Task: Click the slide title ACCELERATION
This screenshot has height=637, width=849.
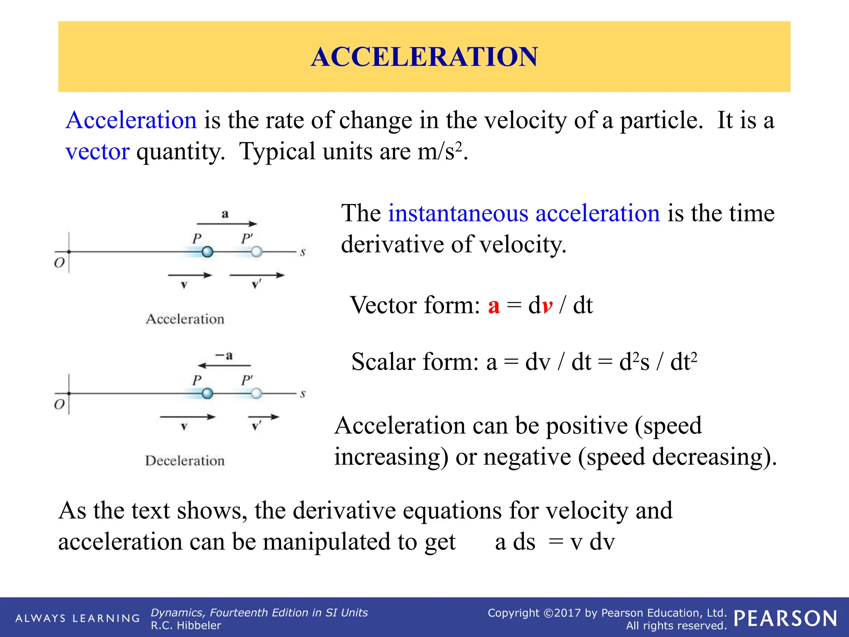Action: [x=424, y=57]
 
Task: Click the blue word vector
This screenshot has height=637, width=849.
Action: [x=97, y=151]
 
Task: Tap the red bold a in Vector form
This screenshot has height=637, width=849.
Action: [x=493, y=306]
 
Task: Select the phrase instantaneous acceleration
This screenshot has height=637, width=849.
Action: [x=524, y=214]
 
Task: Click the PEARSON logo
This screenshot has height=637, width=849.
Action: [x=785, y=618]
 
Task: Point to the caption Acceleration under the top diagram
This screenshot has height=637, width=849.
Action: [x=185, y=319]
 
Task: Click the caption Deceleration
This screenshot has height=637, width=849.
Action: [x=185, y=461]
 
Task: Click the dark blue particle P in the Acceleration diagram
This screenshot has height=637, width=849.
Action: [x=207, y=252]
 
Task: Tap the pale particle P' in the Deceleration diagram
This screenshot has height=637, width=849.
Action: [x=257, y=394]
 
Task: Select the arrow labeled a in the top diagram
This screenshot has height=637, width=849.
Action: [x=227, y=224]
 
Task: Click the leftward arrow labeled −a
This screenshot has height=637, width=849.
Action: [x=224, y=365]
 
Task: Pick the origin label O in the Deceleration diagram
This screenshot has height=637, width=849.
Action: [x=59, y=404]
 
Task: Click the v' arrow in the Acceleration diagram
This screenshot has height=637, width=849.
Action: [x=257, y=275]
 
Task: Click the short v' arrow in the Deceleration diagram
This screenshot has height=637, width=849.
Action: [x=263, y=417]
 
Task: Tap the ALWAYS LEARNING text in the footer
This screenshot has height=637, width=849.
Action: [x=78, y=618]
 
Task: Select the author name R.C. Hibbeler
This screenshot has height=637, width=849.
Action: [x=186, y=625]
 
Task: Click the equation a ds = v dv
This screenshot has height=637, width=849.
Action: [x=554, y=542]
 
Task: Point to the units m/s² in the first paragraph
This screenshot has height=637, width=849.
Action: [x=439, y=151]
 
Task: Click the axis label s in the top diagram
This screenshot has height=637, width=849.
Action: [x=303, y=252]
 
